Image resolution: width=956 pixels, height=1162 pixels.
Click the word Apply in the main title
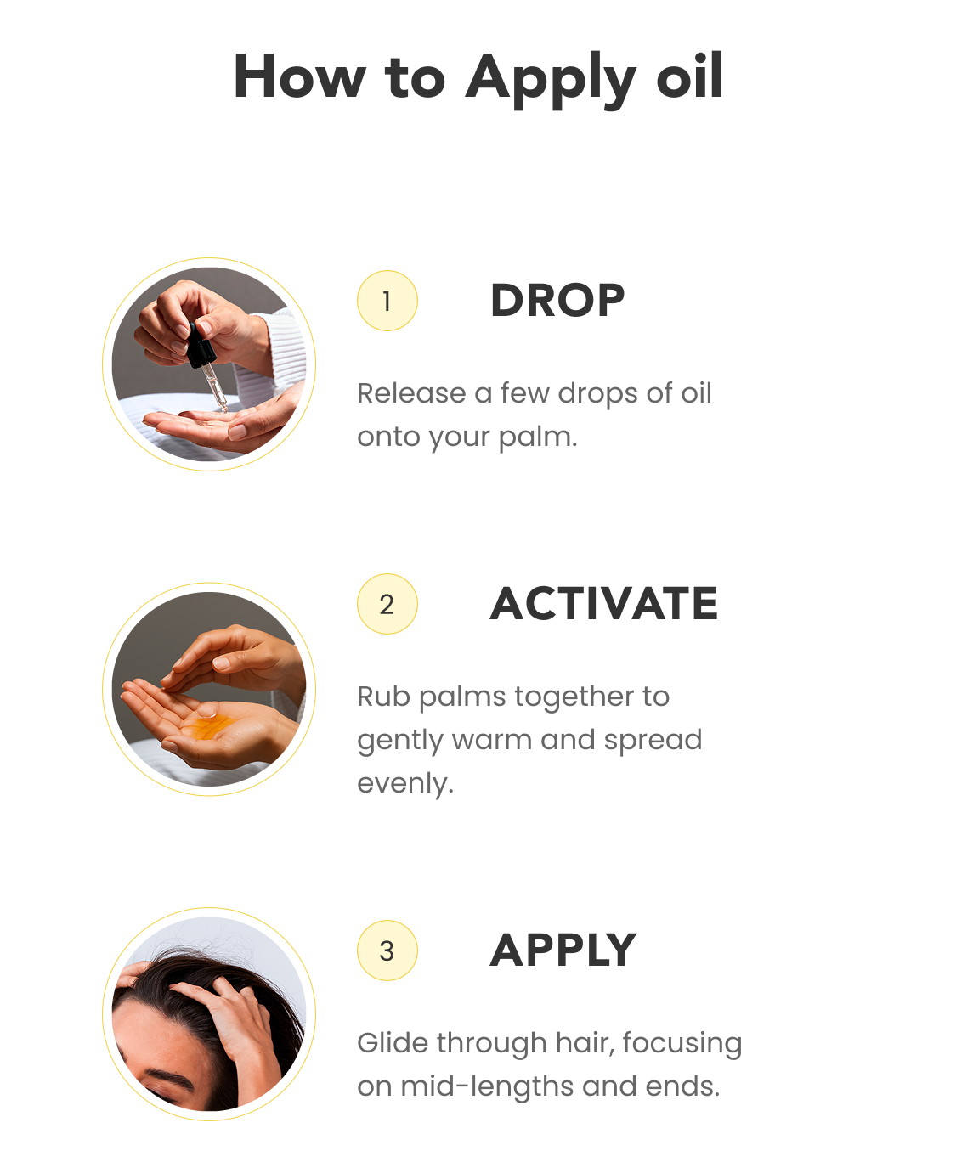[551, 79]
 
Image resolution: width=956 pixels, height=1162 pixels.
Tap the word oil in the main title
[689, 76]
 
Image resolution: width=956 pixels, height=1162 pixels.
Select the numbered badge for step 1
[387, 301]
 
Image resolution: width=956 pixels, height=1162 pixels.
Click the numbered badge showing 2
[387, 604]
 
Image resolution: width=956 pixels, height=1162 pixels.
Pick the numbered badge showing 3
[387, 950]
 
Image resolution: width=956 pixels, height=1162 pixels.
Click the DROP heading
[557, 301]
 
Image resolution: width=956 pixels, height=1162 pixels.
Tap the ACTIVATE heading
[603, 603]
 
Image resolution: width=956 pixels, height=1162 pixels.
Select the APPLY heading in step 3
[563, 950]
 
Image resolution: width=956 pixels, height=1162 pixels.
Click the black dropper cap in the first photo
[200, 347]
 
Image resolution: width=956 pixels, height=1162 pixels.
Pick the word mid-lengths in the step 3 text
[487, 1087]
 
